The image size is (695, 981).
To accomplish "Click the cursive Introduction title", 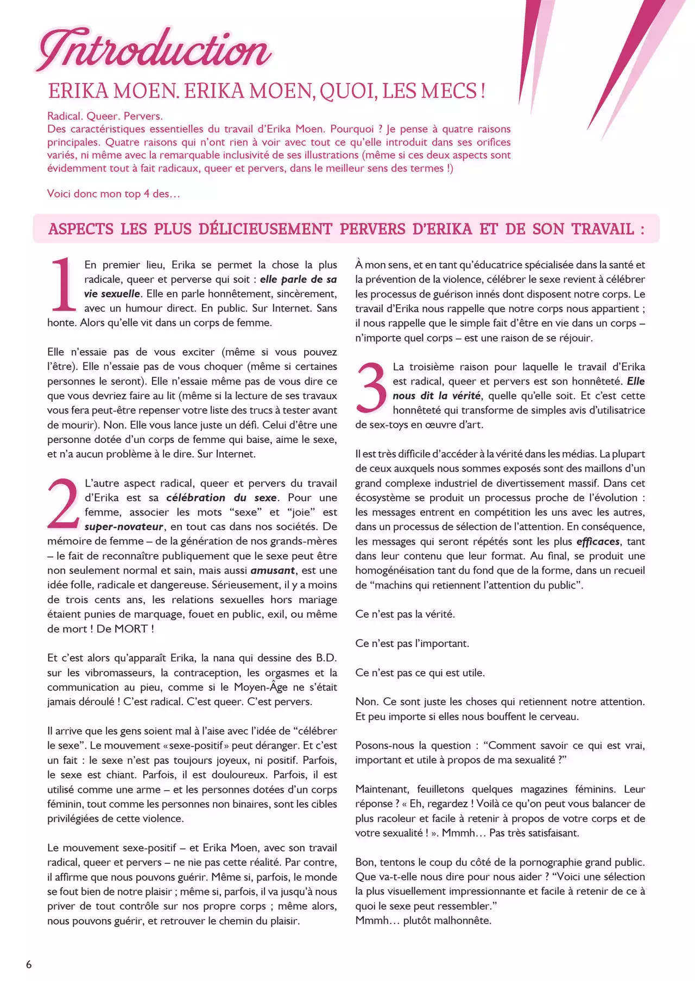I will click(155, 50).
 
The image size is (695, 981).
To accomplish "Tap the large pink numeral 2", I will click(63, 503).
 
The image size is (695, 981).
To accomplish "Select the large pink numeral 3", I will click(371, 387).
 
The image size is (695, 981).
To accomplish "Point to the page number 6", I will click(29, 964).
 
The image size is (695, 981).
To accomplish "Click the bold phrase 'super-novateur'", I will click(124, 527).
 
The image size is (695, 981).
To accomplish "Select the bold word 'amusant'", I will click(273, 571).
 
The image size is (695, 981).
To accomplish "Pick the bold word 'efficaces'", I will click(598, 541).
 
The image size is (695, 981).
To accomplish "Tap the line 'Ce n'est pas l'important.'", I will click(412, 643).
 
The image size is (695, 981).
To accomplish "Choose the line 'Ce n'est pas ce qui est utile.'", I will click(420, 673).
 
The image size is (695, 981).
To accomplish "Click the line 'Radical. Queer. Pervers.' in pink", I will click(105, 116).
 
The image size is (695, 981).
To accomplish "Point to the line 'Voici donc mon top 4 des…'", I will click(113, 194).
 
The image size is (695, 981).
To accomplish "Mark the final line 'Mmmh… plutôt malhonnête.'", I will click(423, 920).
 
